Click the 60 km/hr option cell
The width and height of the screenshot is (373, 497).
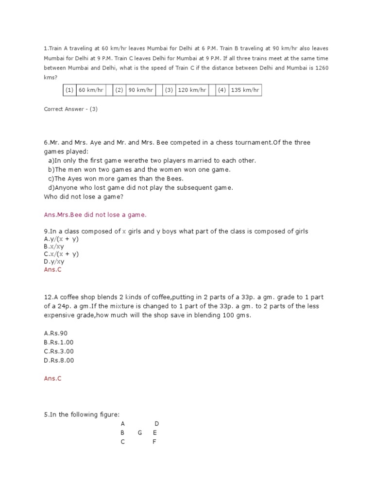pyautogui.click(x=91, y=90)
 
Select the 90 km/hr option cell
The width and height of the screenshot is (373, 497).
pyautogui.click(x=140, y=90)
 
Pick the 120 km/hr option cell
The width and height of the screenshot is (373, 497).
pyautogui.click(x=192, y=90)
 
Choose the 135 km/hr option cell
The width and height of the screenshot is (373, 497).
pyautogui.click(x=245, y=90)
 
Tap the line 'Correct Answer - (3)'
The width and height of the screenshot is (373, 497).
pyautogui.click(x=70, y=109)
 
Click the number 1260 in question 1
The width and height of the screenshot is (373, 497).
pyautogui.click(x=322, y=67)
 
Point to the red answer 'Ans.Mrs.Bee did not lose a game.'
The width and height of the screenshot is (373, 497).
pyautogui.click(x=95, y=215)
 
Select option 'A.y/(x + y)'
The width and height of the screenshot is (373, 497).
pyautogui.click(x=61, y=239)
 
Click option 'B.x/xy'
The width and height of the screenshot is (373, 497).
pyautogui.click(x=54, y=247)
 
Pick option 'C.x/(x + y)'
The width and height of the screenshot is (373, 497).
pyautogui.click(x=61, y=254)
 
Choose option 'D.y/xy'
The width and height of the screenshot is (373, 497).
pyautogui.click(x=54, y=262)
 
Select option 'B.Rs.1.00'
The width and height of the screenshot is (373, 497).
pyautogui.click(x=59, y=342)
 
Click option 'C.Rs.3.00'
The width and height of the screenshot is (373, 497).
pyautogui.click(x=59, y=351)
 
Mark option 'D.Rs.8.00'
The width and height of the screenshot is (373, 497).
pyautogui.click(x=59, y=360)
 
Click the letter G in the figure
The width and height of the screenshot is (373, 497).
pyautogui.click(x=140, y=432)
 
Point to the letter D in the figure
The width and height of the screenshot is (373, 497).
pyautogui.click(x=157, y=423)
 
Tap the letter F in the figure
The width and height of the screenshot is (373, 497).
pyautogui.click(x=154, y=442)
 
